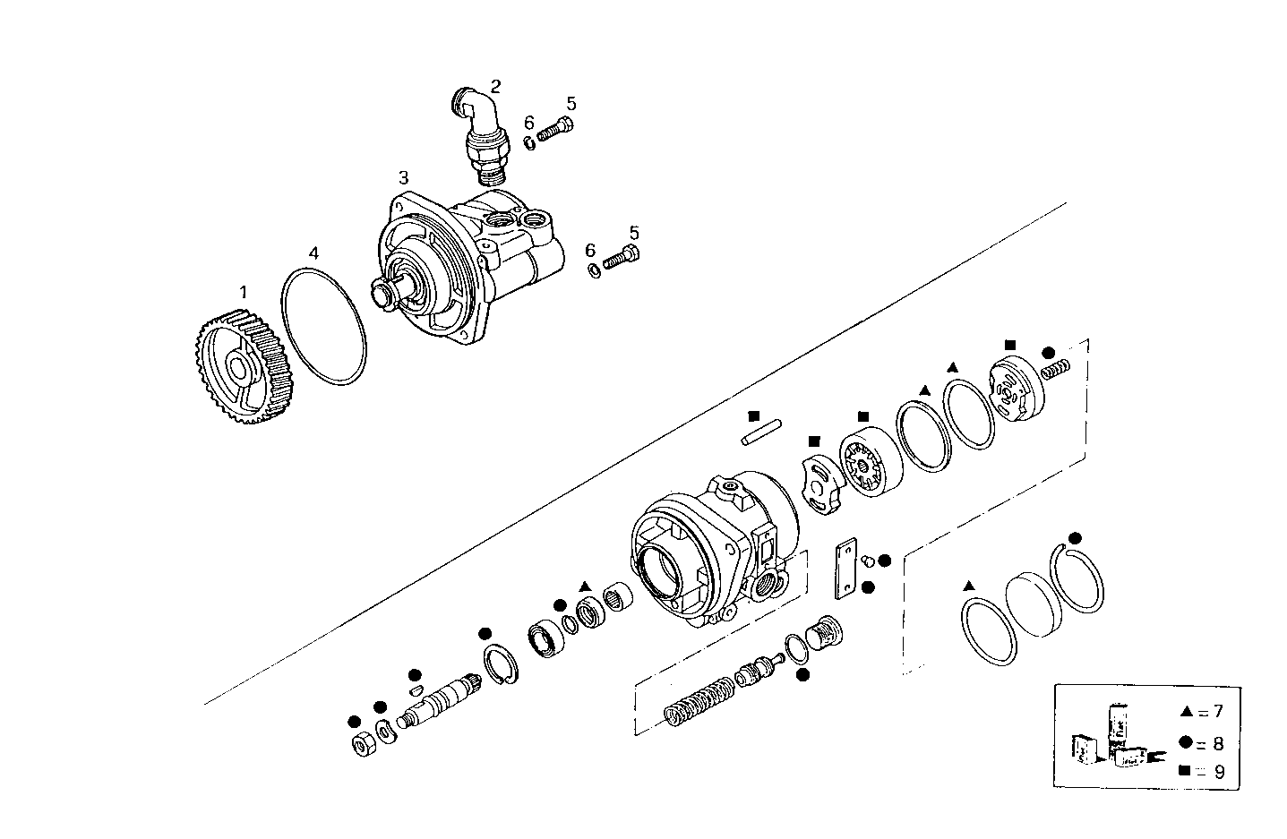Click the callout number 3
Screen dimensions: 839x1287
(x=404, y=176)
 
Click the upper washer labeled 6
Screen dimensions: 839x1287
(x=529, y=141)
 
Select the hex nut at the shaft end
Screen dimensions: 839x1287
(x=363, y=744)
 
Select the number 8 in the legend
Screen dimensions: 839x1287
(x=1218, y=742)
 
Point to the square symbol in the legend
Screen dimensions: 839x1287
(x=1186, y=771)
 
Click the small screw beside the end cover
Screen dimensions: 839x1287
(x=1056, y=367)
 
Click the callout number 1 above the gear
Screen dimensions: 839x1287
(x=243, y=292)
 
